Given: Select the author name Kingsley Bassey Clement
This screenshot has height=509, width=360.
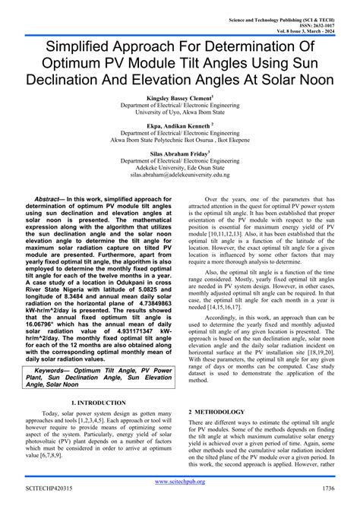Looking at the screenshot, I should click(179, 98).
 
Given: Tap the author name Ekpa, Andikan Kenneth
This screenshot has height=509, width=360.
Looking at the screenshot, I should click(179, 125).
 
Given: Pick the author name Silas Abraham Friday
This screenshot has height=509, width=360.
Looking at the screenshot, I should click(179, 152).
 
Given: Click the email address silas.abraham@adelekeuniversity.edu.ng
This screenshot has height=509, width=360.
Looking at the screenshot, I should click(180, 174).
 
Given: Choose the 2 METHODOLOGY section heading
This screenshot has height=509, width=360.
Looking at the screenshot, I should click(216, 412).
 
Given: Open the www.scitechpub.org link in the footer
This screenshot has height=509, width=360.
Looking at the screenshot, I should click(180, 482).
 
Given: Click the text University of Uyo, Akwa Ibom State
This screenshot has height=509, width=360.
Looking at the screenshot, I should click(179, 113).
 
